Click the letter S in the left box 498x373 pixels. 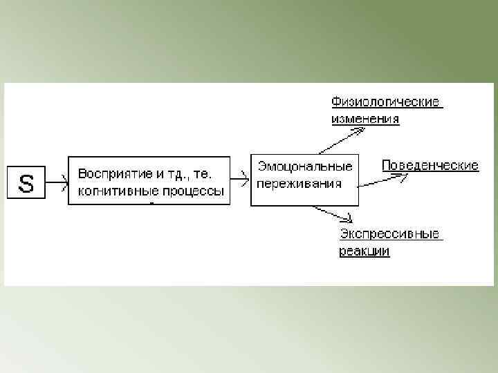pos(26,184)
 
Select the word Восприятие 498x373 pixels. pos(110,172)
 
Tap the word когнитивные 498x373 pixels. pos(111,190)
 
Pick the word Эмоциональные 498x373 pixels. pos(305,166)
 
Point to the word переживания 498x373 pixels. pos(299,183)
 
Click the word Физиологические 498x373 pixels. pos(385,102)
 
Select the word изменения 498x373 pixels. pos(365,119)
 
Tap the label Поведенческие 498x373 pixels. pos(430,166)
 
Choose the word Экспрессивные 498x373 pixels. pos(389,234)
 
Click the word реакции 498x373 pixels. pos(364,251)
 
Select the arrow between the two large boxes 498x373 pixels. pos(239,180)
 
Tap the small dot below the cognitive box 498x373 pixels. pos(151,204)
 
